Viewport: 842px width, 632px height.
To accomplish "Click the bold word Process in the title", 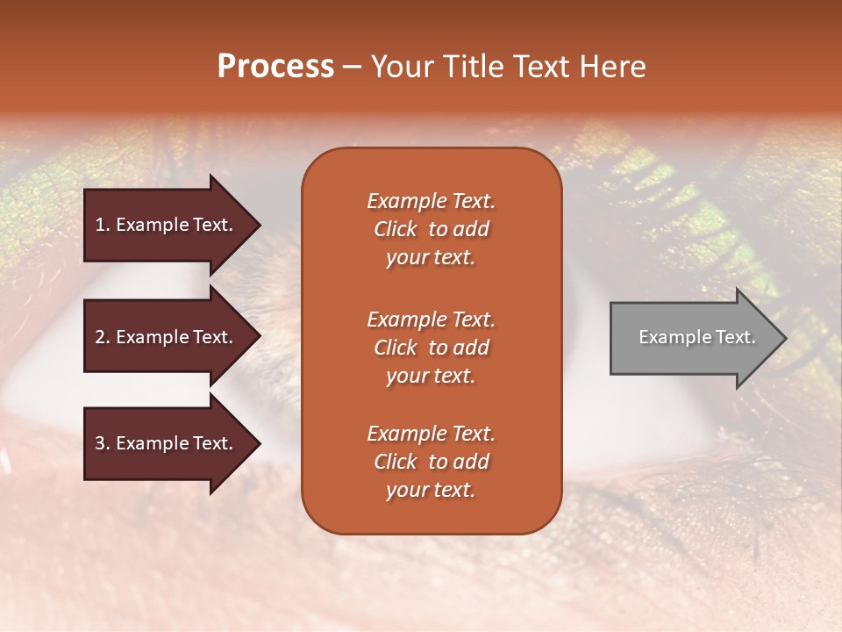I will tap(275, 67).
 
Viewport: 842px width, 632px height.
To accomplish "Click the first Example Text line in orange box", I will tap(431, 201).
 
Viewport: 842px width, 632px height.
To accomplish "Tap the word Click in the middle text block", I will tap(395, 348).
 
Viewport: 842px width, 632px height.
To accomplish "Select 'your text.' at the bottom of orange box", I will tap(431, 490).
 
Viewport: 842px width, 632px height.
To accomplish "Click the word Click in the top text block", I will tap(395, 229).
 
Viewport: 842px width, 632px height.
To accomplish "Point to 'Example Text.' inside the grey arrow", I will tap(696, 337).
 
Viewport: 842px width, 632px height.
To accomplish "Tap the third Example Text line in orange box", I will tap(431, 434).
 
